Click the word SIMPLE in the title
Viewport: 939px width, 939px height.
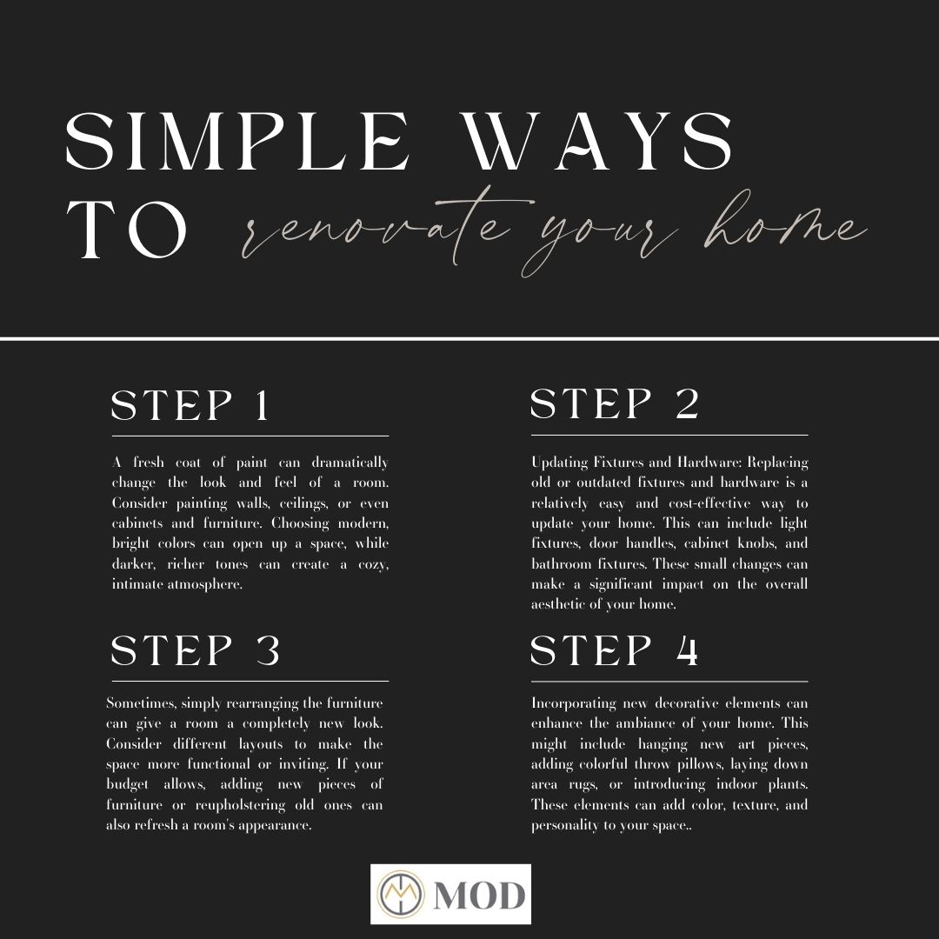click(237, 142)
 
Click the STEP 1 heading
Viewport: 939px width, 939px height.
click(190, 405)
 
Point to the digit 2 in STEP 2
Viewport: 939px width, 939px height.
click(688, 403)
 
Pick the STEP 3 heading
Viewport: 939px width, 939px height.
click(196, 650)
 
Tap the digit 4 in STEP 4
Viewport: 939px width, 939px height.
click(688, 650)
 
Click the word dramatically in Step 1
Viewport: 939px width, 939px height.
click(350, 463)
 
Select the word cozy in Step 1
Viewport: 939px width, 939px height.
click(373, 565)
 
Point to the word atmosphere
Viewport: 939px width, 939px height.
click(205, 584)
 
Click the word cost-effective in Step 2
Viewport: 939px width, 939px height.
click(709, 503)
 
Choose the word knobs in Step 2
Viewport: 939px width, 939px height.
click(757, 543)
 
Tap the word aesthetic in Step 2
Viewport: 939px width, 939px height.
click(557, 604)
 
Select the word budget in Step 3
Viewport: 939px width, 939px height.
click(127, 785)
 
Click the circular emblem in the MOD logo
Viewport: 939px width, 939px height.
click(400, 894)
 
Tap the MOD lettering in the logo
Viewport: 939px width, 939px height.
click(480, 896)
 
